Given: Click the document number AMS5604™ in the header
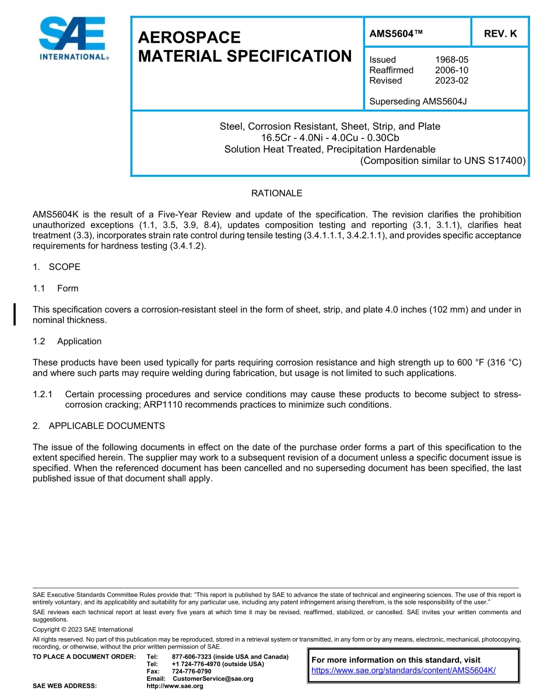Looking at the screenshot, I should click(x=396, y=34).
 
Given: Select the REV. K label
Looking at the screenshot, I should click(x=500, y=34).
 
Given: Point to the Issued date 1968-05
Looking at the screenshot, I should click(x=451, y=60).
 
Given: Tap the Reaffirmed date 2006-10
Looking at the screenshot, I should click(x=451, y=70).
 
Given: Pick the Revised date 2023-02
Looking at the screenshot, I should click(x=451, y=80).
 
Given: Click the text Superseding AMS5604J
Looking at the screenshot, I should click(x=418, y=101).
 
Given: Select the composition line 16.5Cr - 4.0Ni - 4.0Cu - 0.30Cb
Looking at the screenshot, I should click(x=329, y=138).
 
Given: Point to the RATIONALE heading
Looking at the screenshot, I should click(x=276, y=193).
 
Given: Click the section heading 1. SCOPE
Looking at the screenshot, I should click(x=57, y=267).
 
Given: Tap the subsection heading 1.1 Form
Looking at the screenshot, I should click(x=55, y=288).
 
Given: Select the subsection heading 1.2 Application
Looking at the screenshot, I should click(x=67, y=341).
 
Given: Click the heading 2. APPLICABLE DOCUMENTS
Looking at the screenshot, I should click(x=99, y=426).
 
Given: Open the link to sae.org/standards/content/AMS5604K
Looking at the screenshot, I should click(x=404, y=670).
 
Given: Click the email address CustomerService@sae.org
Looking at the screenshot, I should click(x=213, y=679).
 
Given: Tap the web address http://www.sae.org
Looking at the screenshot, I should click(x=174, y=686).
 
